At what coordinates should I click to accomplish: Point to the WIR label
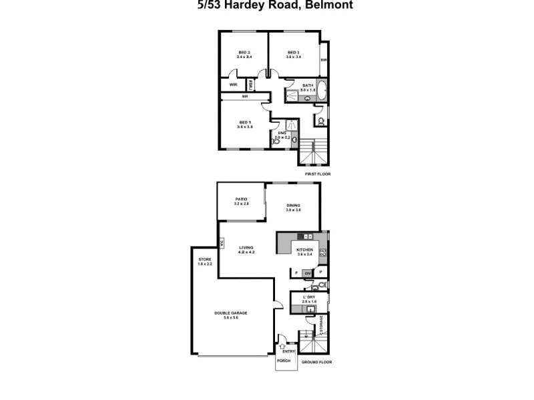click(x=234, y=85)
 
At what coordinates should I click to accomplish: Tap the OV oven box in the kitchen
click(x=308, y=273)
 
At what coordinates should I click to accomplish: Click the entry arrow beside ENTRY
click(x=283, y=347)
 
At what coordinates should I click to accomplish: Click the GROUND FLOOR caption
click(x=317, y=362)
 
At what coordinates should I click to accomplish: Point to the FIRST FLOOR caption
click(x=317, y=173)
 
